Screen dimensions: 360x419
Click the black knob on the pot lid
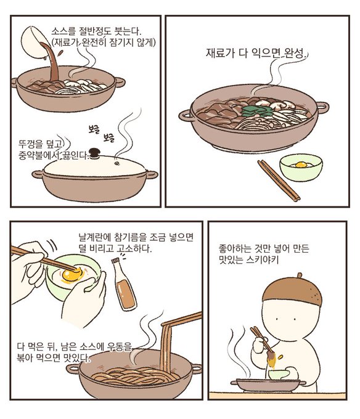pyautogui.click(x=94, y=153)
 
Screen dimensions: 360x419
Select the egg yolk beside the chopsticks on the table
pyautogui.click(x=301, y=165)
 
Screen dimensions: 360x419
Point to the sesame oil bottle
pyautogui.click(x=123, y=284)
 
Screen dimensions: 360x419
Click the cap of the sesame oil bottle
pyautogui.click(x=115, y=261)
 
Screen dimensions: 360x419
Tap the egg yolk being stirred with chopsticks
pyautogui.click(x=72, y=275)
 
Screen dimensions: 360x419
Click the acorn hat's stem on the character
pyautogui.click(x=300, y=275)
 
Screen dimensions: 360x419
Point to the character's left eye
pyautogui.click(x=277, y=319)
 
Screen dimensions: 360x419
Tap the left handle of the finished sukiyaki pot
pyautogui.click(x=186, y=115)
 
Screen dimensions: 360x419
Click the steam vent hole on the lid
pyautogui.click(x=117, y=162)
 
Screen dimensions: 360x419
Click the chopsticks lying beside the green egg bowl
pyautogui.click(x=279, y=180)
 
